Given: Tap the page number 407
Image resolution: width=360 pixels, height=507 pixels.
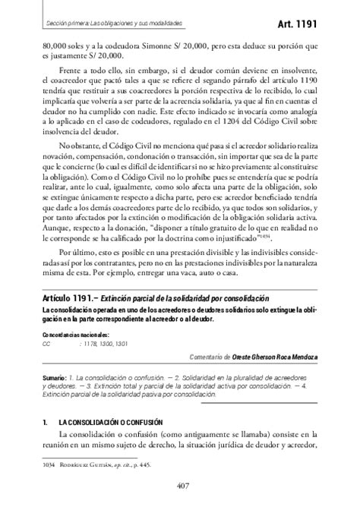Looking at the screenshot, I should pyautogui.click(x=181, y=487).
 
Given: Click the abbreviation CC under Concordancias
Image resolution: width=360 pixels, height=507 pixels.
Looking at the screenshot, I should pyautogui.click(x=46, y=342).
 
